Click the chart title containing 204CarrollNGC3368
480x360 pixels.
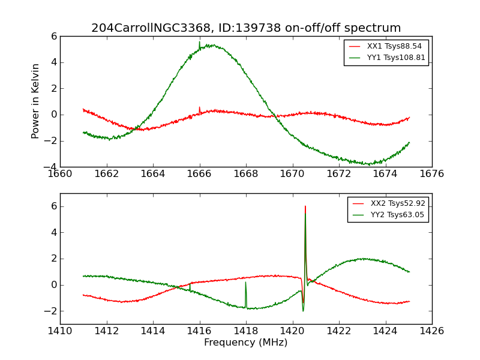coord(246,28)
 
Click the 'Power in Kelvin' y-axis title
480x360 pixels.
coord(36,101)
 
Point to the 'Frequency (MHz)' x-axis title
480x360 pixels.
coord(246,343)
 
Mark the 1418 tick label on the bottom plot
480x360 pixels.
coord(246,331)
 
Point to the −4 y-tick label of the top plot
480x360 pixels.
coord(50,167)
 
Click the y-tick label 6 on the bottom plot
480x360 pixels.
coord(53,206)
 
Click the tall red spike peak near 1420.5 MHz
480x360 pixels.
coord(305,207)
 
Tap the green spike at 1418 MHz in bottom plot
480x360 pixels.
coord(245,283)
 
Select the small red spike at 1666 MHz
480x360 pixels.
coord(199,108)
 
